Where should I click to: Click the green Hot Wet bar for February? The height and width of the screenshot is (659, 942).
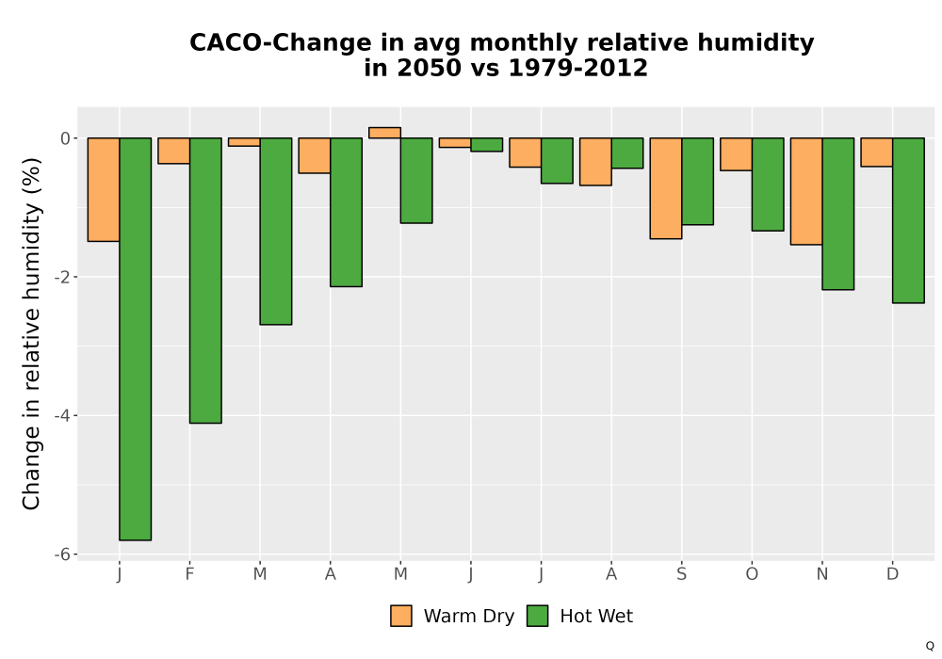205,281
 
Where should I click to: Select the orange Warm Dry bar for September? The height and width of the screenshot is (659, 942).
666,188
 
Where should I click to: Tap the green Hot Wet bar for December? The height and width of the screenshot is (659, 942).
908,220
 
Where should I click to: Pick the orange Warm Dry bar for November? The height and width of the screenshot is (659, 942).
806,191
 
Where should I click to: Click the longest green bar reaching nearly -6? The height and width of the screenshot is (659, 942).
135,339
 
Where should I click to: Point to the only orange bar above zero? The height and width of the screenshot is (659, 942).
384,133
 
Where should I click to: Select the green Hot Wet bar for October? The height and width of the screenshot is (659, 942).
768,185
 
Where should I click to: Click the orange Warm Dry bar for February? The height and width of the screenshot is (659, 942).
174,151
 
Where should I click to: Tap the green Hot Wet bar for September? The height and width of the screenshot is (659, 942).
697,182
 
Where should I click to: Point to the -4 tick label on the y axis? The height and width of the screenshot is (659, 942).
62,415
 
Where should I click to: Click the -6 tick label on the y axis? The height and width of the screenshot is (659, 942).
62,554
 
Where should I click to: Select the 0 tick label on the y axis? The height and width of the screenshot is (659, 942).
66,138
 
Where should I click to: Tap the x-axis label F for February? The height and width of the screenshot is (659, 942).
190,574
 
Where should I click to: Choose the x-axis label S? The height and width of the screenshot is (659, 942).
681,574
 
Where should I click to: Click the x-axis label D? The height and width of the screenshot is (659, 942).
893,574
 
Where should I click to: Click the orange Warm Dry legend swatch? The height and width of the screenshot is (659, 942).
401,616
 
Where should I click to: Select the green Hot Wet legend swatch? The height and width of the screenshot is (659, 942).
538,616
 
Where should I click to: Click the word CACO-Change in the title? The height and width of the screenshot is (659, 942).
281,43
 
